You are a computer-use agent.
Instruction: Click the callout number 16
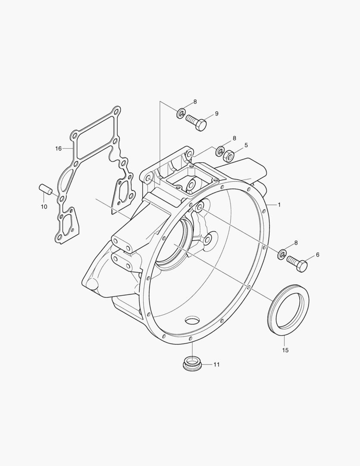click(58, 148)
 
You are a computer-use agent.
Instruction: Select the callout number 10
click(44, 207)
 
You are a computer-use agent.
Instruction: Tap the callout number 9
click(216, 113)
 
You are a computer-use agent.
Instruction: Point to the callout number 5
click(246, 145)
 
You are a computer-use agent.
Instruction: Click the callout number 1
click(279, 205)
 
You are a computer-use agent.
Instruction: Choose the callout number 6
click(317, 255)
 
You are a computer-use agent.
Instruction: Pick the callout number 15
click(285, 350)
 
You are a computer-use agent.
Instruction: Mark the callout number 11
click(216, 364)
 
